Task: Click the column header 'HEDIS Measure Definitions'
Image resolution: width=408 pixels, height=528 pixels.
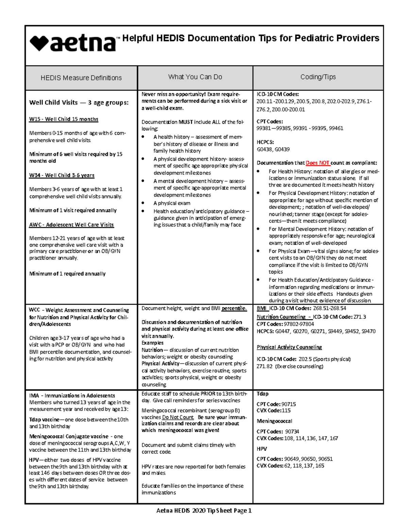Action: tap(81, 78)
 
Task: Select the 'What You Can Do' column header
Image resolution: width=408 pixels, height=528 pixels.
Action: tap(195, 77)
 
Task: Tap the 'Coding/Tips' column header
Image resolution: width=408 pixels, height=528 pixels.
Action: tap(318, 77)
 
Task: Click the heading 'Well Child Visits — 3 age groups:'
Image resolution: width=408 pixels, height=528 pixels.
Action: tap(79, 102)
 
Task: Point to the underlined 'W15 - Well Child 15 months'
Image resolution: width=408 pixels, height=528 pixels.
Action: tap(64, 119)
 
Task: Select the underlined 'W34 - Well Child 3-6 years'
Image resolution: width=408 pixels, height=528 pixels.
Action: tap(62, 175)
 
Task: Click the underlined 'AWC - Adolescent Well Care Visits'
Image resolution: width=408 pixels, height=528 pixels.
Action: tap(71, 225)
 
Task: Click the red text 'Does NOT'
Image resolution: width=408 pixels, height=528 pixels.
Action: tap(318, 163)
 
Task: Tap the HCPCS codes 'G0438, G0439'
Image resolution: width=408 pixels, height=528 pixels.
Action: tap(273, 149)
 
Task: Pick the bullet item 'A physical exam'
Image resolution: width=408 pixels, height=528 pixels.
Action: tap(172, 203)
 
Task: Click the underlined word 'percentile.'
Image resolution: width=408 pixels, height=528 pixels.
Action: tap(234, 308)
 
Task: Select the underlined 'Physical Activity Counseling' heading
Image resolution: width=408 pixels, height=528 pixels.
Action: tap(289, 347)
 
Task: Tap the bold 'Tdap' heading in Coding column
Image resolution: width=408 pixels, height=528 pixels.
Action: tap(262, 394)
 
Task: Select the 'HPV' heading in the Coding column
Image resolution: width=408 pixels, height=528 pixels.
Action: tap(261, 449)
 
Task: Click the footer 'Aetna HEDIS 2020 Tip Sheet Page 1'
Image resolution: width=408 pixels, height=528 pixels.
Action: tap(204, 510)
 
